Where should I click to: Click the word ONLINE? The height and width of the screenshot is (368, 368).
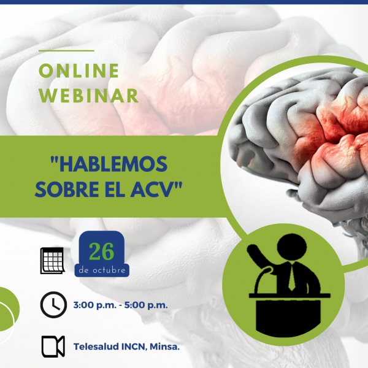click(x=79, y=71)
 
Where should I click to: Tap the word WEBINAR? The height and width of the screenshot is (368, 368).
click(x=89, y=96)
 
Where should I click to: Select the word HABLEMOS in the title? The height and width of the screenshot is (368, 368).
click(x=109, y=164)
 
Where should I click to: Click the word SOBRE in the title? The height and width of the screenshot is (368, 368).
click(x=67, y=190)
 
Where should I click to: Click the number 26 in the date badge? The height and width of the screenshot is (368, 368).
click(x=101, y=251)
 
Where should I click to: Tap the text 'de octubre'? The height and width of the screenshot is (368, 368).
click(x=102, y=270)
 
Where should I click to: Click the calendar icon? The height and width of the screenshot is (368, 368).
click(x=53, y=261)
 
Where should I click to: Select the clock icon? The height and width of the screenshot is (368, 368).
click(x=53, y=305)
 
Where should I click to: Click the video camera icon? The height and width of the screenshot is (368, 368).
click(x=53, y=347)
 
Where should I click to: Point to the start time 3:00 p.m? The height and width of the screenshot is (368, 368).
click(x=95, y=305)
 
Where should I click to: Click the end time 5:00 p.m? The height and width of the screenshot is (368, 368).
click(x=146, y=305)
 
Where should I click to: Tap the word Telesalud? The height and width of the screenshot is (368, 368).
click(x=96, y=347)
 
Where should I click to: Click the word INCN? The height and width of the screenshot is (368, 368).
click(x=134, y=347)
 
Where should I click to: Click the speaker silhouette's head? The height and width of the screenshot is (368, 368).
click(x=292, y=247)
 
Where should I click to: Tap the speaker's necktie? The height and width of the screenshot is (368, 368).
click(x=292, y=277)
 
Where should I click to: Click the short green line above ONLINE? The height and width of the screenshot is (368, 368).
click(x=66, y=50)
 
